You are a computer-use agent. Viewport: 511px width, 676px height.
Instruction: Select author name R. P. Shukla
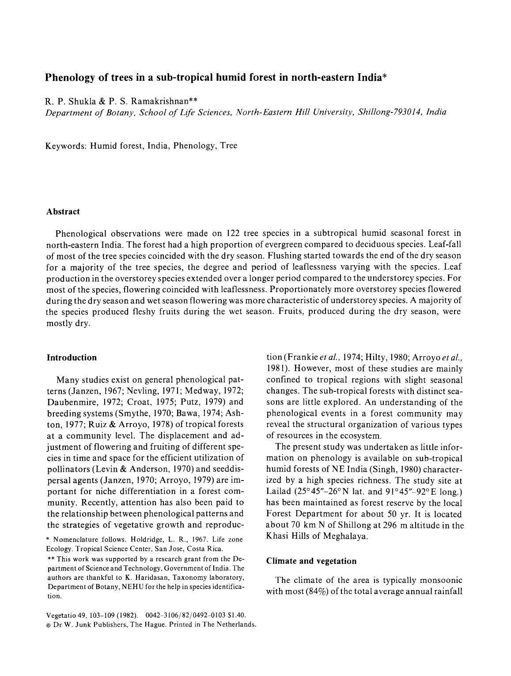tap(70, 101)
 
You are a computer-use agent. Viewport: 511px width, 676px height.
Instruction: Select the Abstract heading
tap(63, 211)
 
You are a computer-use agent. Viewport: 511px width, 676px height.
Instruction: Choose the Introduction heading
tap(72, 357)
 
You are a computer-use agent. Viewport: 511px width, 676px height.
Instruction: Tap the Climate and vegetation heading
tap(311, 561)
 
